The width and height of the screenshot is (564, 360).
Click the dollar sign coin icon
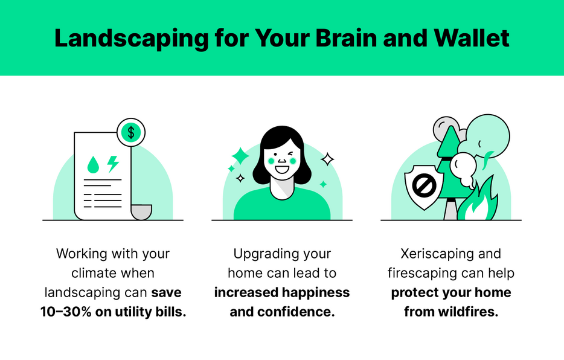(132, 131)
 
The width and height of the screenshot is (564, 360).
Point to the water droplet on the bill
(93, 164)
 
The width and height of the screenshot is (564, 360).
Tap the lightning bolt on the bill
(112, 164)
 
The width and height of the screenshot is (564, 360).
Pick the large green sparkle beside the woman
(240, 156)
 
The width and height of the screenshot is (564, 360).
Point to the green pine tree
(449, 163)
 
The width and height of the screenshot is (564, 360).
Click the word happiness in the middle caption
(316, 292)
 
